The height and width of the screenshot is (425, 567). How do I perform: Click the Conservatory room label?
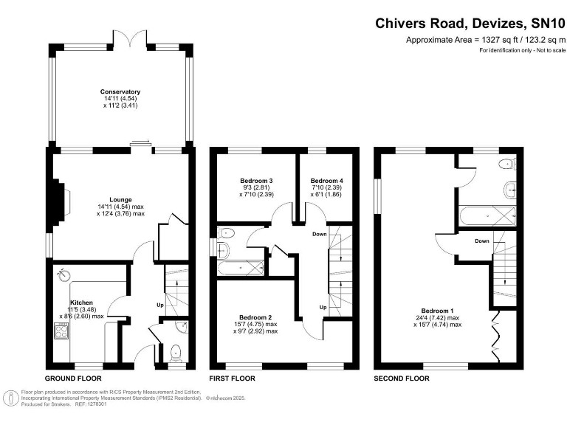(x=120, y=91)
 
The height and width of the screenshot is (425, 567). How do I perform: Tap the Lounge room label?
(x=121, y=199)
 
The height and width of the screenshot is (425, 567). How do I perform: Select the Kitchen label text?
(x=81, y=303)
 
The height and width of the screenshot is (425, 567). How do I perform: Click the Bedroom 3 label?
(x=256, y=181)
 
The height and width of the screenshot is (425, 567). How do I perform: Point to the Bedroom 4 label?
(x=327, y=181)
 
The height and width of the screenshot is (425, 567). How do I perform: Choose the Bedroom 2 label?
(x=255, y=317)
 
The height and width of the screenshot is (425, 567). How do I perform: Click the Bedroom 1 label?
(x=438, y=311)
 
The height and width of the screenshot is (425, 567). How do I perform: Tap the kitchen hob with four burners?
(x=61, y=331)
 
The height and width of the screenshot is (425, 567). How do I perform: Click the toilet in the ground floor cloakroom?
(x=176, y=353)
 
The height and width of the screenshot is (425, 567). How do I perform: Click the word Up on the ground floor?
(x=160, y=305)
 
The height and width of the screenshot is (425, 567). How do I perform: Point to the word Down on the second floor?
(x=482, y=241)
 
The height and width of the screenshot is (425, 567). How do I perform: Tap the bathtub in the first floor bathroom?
(x=241, y=268)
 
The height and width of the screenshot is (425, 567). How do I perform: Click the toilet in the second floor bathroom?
(x=507, y=165)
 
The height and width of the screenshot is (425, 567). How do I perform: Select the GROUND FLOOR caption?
(x=73, y=379)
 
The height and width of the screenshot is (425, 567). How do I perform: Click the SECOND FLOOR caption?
(x=402, y=379)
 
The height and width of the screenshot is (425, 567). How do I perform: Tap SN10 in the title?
(x=548, y=24)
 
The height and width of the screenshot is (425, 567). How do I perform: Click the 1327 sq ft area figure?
(x=495, y=40)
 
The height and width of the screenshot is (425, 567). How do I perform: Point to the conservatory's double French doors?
(x=131, y=38)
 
